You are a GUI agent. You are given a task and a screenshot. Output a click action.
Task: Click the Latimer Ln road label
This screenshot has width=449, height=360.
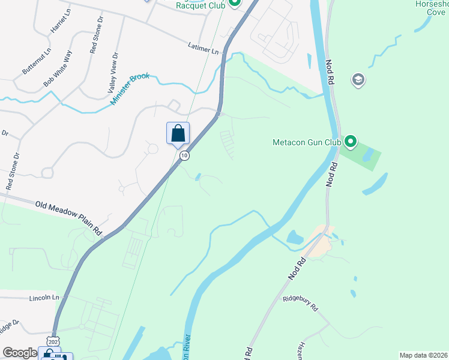click(203, 49)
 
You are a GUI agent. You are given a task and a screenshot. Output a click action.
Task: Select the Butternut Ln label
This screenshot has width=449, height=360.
click(34, 63)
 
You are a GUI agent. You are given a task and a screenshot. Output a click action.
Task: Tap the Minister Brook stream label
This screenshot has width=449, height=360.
click(130, 89)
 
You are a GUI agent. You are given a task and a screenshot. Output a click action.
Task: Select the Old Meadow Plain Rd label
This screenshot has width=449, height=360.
click(69, 217)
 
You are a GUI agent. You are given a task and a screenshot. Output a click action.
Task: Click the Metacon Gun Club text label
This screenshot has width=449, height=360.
click(306, 143)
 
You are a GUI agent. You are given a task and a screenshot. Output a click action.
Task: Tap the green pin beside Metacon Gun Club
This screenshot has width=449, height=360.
click(350, 142)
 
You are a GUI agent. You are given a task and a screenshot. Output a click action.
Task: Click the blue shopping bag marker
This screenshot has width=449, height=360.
click(178, 133)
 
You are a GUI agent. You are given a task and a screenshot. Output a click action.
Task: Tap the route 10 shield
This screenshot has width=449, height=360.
click(184, 155)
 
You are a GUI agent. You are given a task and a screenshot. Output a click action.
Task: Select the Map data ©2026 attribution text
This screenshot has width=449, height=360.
click(423, 355)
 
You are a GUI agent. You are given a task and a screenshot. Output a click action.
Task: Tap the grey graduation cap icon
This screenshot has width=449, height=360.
click(358, 80)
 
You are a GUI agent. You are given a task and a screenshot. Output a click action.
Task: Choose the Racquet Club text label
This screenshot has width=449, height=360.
click(200, 5)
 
